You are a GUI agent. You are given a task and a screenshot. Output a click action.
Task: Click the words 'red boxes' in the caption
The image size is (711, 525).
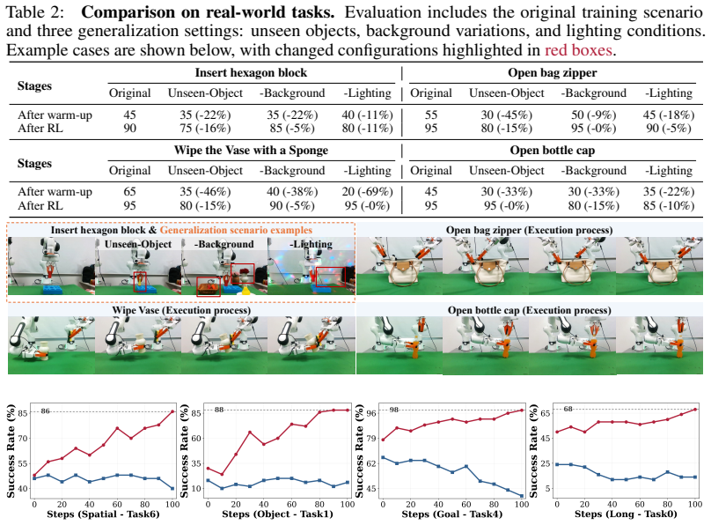tap(578, 50)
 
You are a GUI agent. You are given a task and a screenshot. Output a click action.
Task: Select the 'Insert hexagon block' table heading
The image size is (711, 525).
tap(251, 72)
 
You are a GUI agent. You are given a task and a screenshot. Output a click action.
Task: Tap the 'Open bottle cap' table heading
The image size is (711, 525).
tap(552, 151)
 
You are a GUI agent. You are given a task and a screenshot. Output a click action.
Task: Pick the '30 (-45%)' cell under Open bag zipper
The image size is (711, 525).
tap(507, 115)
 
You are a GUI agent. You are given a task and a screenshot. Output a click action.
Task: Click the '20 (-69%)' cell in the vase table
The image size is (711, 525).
tap(367, 192)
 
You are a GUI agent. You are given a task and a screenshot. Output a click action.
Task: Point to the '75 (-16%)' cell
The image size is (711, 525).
tap(205, 129)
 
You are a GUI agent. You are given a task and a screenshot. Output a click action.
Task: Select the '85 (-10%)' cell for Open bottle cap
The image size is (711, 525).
tap(669, 205)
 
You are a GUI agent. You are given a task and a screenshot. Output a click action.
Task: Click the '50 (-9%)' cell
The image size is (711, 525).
tap(593, 115)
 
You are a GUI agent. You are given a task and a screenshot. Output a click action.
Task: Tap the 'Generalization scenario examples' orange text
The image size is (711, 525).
tap(236, 230)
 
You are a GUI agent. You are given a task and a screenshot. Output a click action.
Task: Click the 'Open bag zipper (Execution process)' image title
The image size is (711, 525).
tap(529, 230)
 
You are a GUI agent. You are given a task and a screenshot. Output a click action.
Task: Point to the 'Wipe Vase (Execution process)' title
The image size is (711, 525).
tap(181, 310)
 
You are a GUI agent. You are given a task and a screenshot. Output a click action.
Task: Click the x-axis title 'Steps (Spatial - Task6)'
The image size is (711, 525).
tap(103, 514)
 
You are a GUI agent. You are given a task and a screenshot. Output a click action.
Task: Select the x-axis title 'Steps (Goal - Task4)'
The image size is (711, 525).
tap(451, 514)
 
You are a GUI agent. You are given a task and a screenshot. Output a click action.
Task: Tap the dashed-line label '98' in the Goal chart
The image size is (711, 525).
tap(394, 410)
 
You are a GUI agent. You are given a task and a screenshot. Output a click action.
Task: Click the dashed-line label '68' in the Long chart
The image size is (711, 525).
tap(568, 409)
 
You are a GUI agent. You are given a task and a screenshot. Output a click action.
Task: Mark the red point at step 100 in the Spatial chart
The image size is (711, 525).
tap(172, 411)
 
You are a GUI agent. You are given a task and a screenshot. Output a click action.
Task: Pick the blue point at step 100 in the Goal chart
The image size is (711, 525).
tap(522, 496)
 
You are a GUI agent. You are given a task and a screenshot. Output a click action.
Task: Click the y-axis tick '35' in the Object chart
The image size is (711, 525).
tap(195, 463)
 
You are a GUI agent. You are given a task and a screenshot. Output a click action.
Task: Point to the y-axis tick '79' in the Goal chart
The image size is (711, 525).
tap(370, 439)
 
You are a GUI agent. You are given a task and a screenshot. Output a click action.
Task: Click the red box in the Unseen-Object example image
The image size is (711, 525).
tap(140, 281)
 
